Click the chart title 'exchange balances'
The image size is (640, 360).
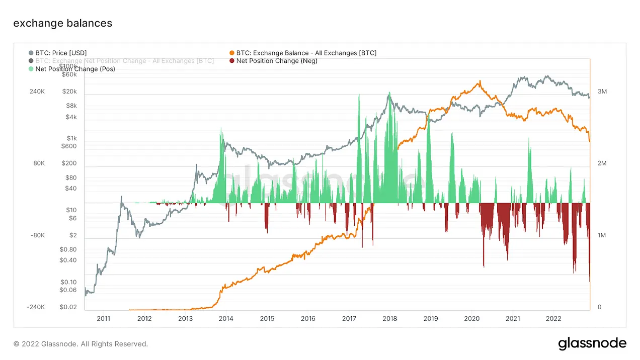pos(62,23)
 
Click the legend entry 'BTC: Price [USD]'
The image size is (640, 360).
pos(61,53)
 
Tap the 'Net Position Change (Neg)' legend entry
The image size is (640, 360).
pos(276,61)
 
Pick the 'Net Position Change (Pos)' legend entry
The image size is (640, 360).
pos(75,69)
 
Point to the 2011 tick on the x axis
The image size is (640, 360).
pos(103,318)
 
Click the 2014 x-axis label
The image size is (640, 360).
pos(226,318)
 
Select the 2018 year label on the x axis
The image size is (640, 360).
pos(390,318)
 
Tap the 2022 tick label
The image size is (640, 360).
pos(553,318)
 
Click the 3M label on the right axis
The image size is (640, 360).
pos(602,92)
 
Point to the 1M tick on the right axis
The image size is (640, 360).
pos(602,235)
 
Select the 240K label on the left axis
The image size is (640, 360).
pos(37,92)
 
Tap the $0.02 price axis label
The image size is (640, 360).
pos(68,307)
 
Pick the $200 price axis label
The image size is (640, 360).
pos(69,163)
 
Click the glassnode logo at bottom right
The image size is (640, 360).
pos(592,344)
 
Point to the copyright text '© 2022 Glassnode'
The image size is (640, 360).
pos(81,344)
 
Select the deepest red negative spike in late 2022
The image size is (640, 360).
pos(589,281)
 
